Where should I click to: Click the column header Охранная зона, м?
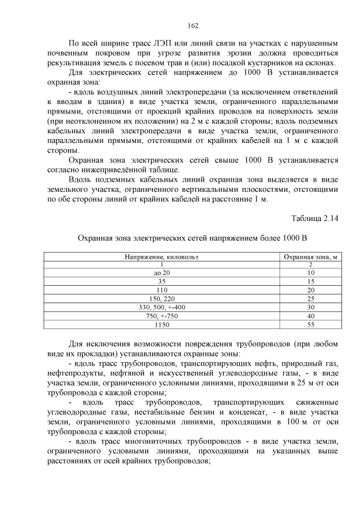[310, 256]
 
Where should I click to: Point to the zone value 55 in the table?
[310, 325]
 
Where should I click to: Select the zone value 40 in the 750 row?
[310, 316]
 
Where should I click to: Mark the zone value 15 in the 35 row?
[310, 281]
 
